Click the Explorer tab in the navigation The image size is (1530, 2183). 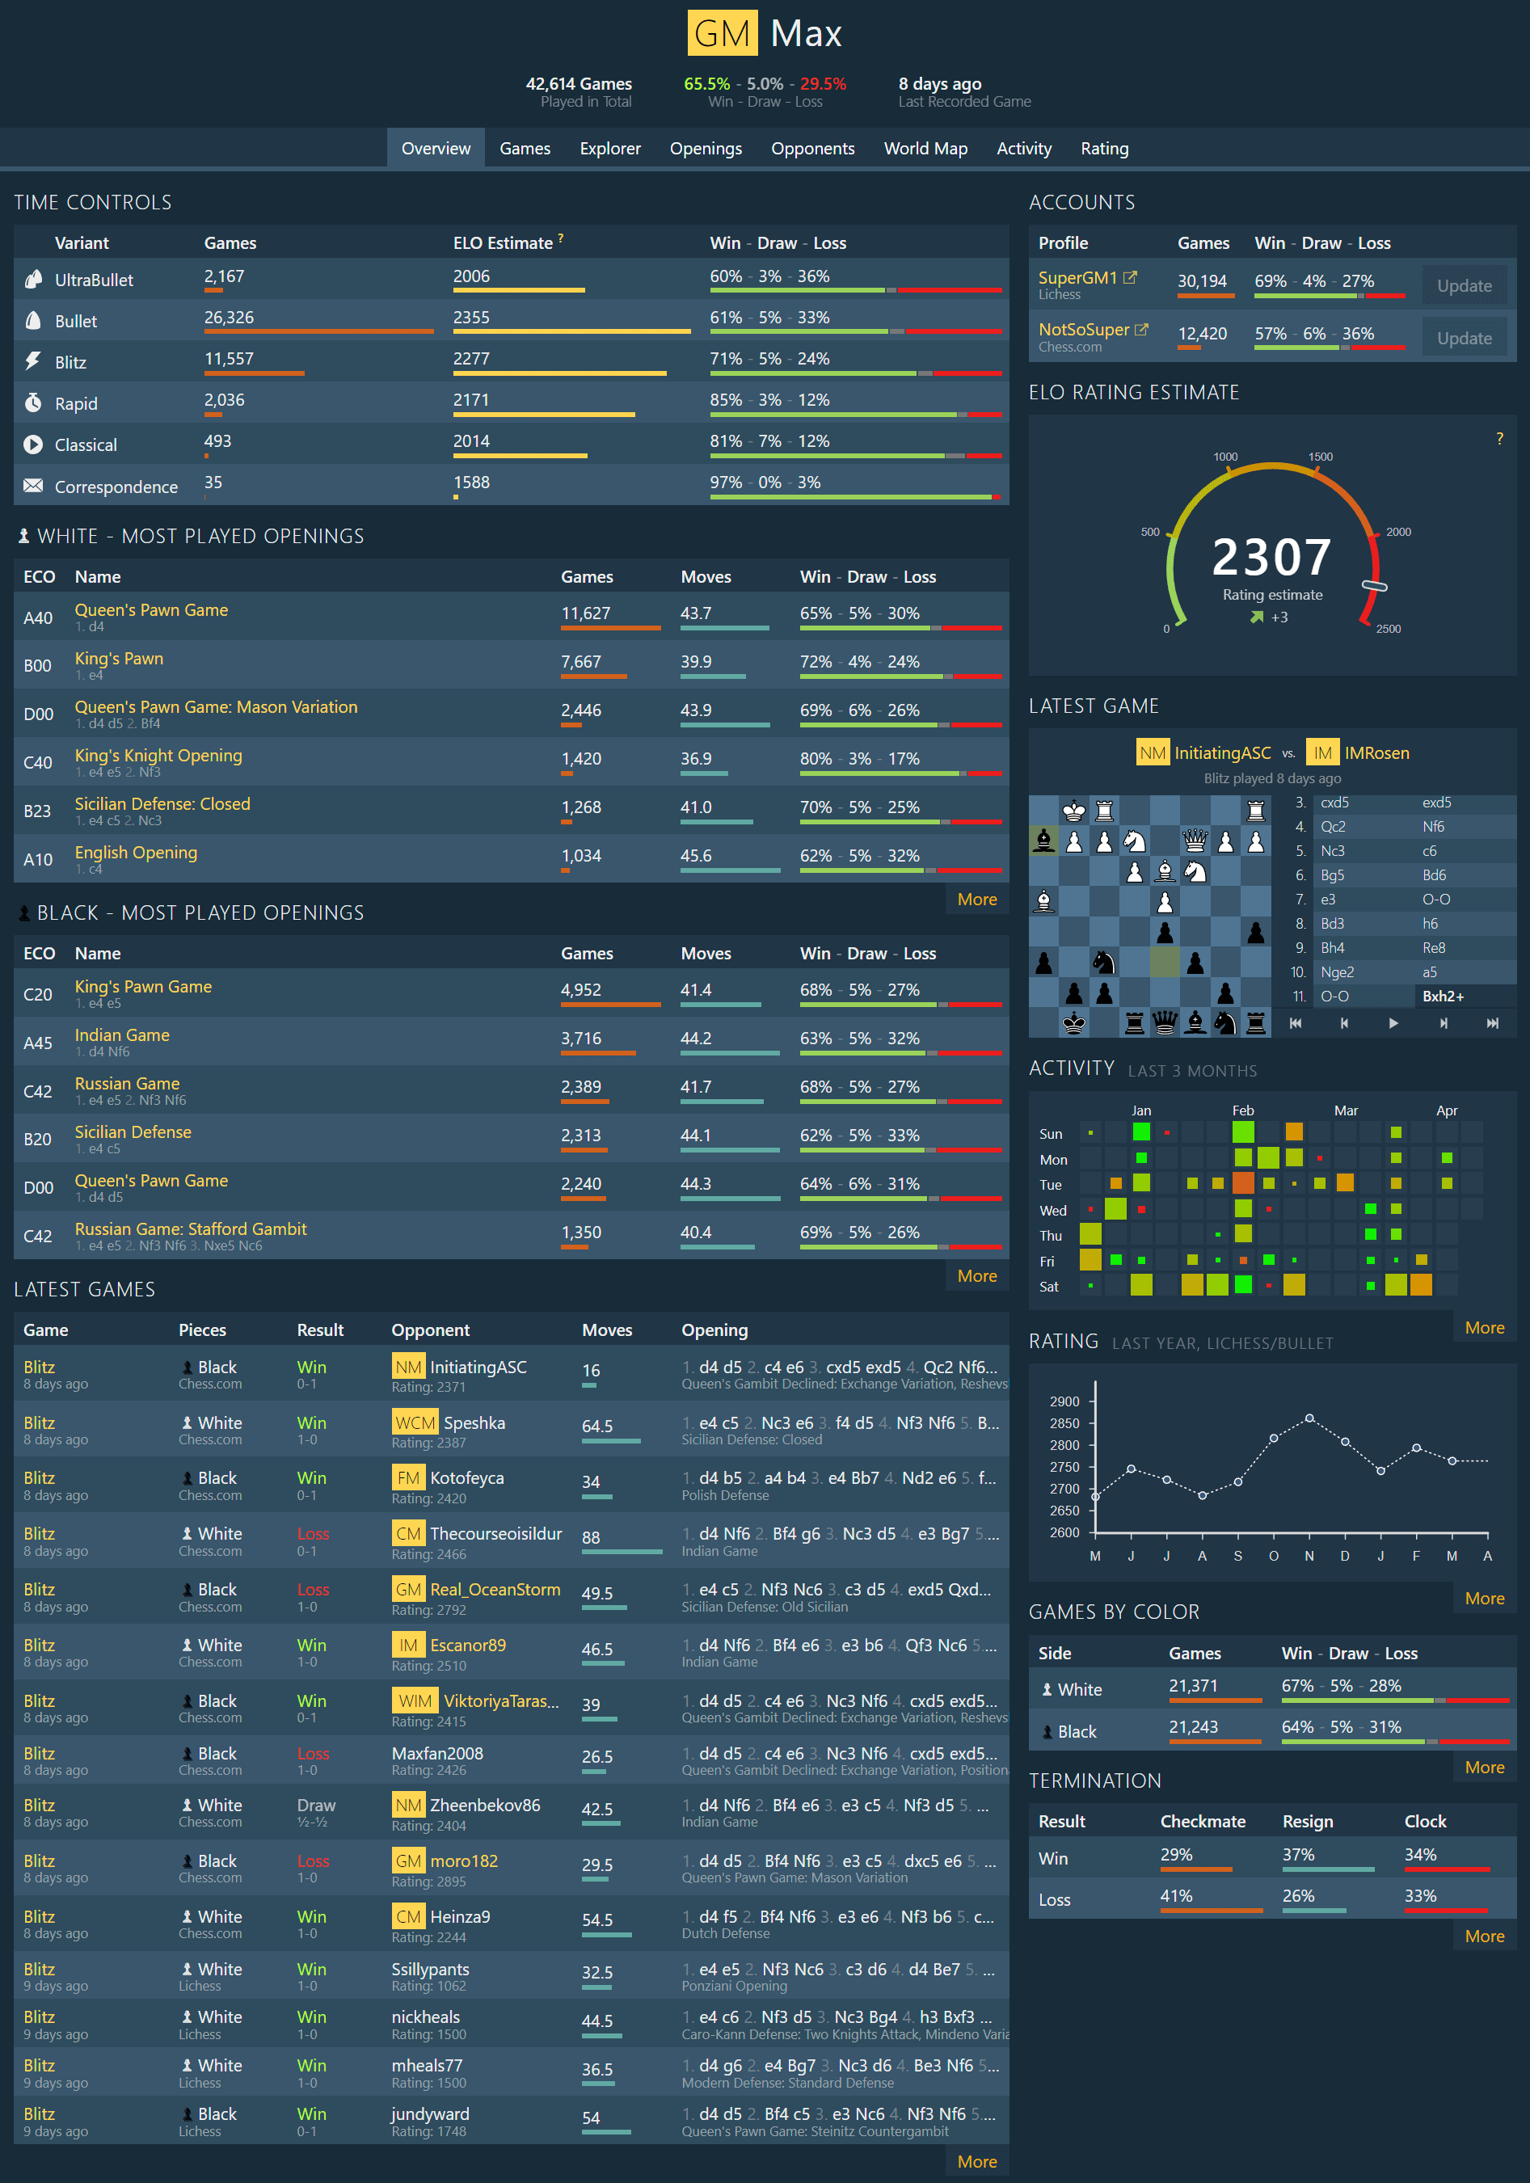pyautogui.click(x=609, y=149)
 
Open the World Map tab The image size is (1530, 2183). pyautogui.click(x=925, y=149)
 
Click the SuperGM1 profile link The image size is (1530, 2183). pyautogui.click(x=1077, y=278)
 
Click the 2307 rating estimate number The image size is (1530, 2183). pyautogui.click(x=1271, y=557)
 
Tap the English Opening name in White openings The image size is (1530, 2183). pyautogui.click(x=136, y=852)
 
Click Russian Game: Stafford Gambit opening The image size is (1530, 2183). pyautogui.click(x=190, y=1228)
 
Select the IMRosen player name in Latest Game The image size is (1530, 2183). pyautogui.click(x=1376, y=753)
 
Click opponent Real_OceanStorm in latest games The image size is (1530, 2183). pyautogui.click(x=495, y=1590)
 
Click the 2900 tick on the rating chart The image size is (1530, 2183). pyautogui.click(x=1064, y=1401)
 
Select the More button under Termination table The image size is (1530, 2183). pyautogui.click(x=1483, y=1936)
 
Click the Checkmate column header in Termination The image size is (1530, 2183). pyautogui.click(x=1202, y=1821)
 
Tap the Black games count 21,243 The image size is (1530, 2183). pyautogui.click(x=1192, y=1726)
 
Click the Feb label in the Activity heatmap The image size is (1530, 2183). pyautogui.click(x=1242, y=1110)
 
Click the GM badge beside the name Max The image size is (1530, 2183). pyautogui.click(x=722, y=34)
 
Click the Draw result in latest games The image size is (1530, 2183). pyautogui.click(x=316, y=1805)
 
